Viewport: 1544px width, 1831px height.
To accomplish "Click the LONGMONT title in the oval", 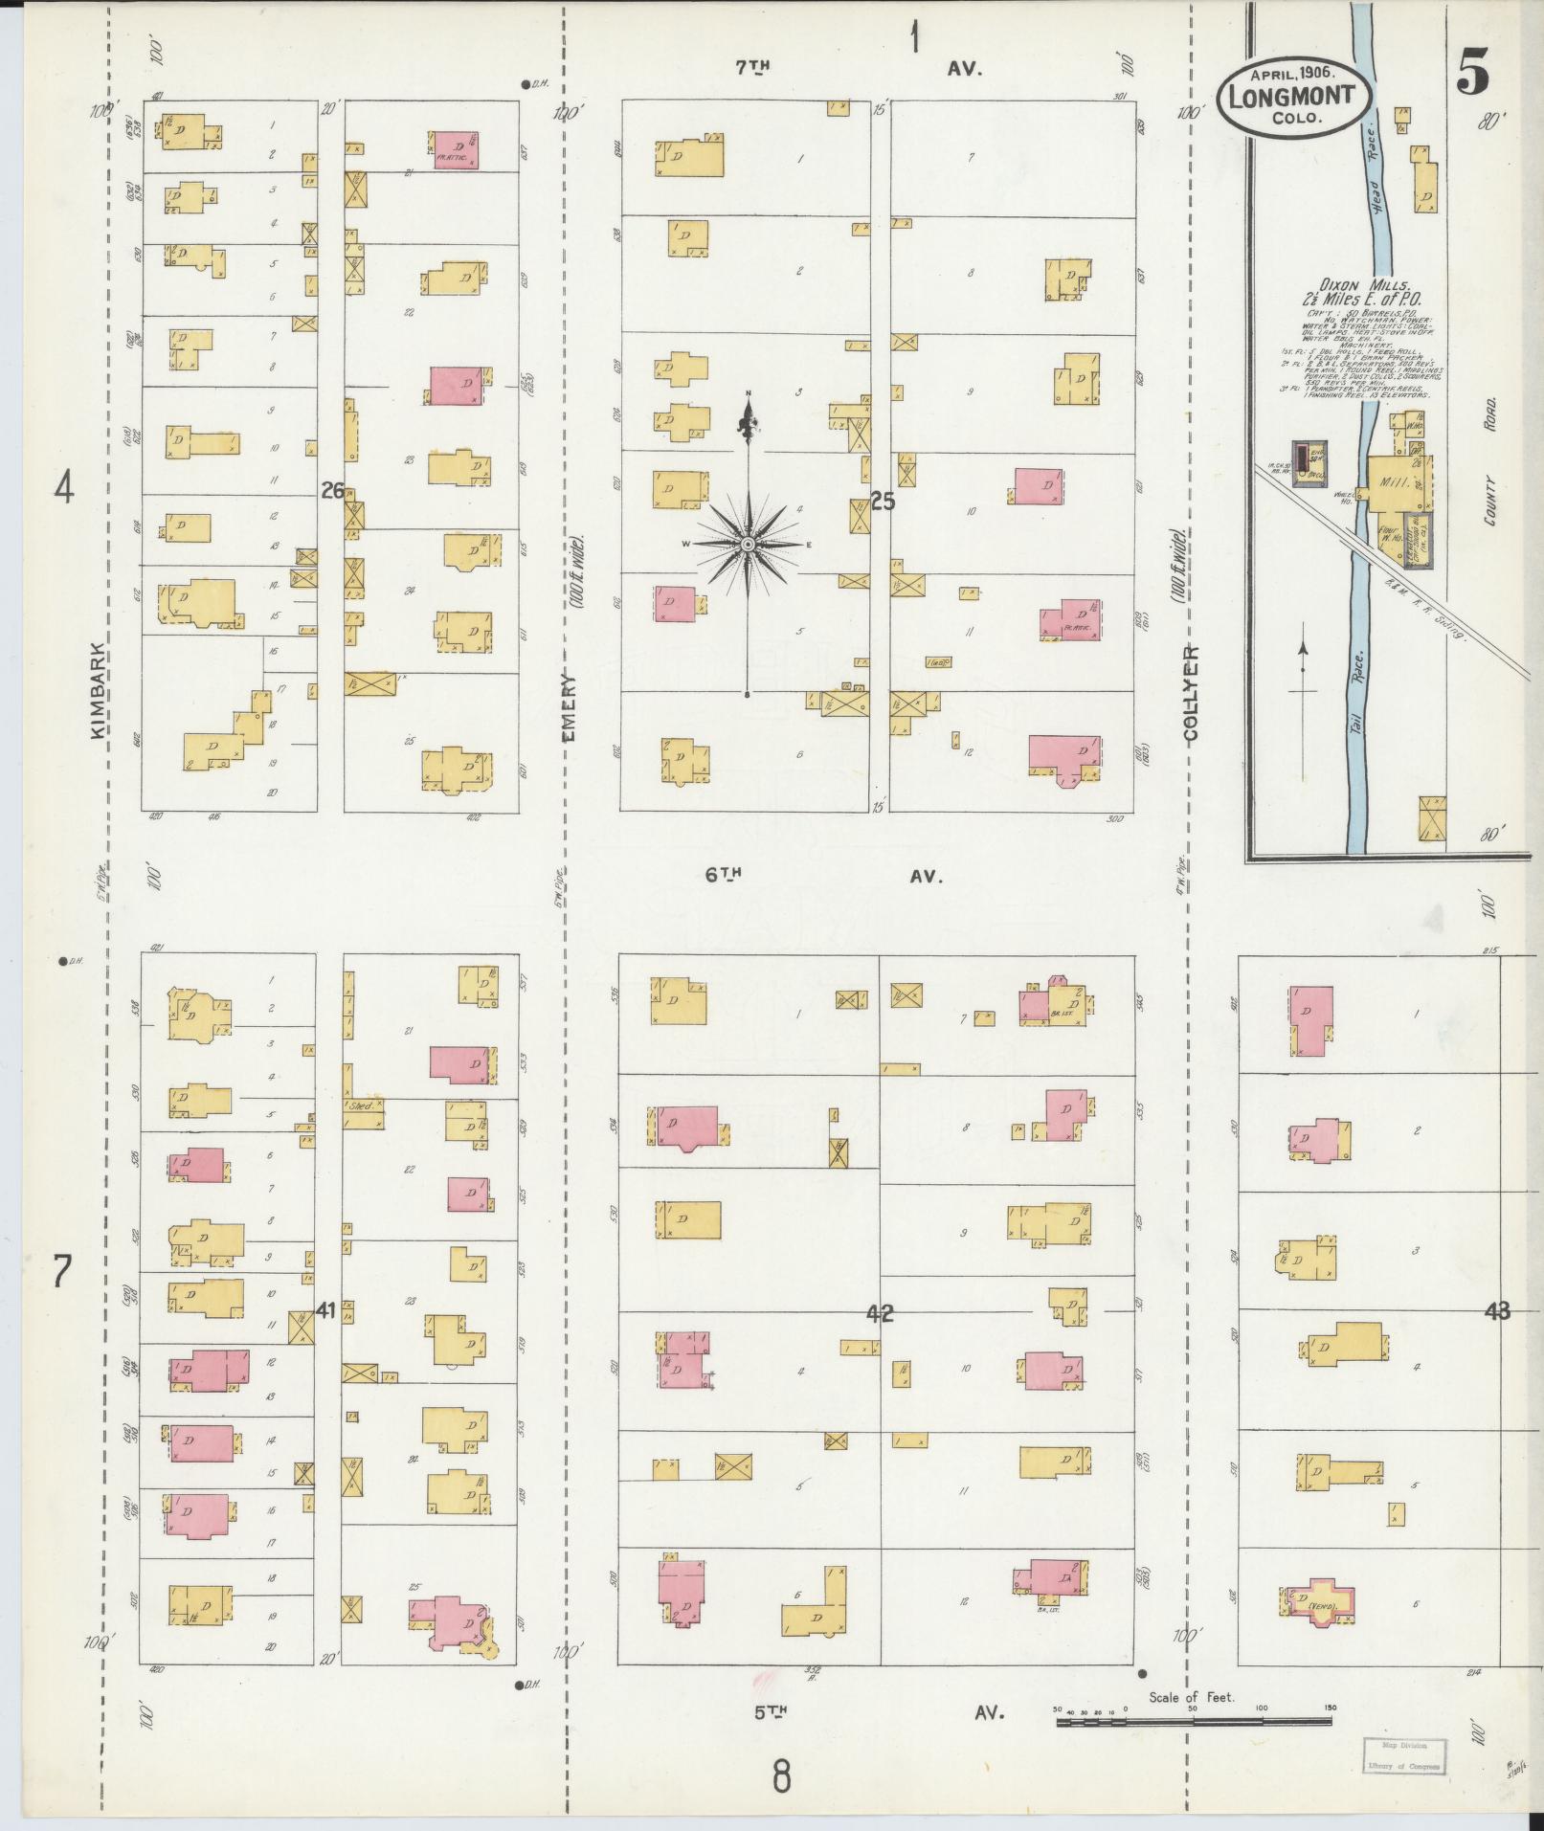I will (1291, 96).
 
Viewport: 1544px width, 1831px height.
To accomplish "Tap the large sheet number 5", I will (1474, 76).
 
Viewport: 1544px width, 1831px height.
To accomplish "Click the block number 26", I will (332, 491).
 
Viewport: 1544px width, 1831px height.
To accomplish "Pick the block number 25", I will (882, 500).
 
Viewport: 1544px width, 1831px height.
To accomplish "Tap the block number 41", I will (325, 1310).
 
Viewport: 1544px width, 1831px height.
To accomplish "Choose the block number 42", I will (879, 1314).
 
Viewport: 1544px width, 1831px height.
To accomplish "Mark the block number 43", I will (1496, 1311).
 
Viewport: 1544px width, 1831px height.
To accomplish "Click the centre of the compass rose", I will (748, 544).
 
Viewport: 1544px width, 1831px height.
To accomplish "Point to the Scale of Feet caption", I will (1192, 1698).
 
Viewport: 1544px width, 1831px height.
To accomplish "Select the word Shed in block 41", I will (361, 1105).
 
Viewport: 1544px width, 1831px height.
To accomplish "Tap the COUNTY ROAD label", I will (1490, 462).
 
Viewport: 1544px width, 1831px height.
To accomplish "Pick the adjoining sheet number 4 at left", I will (63, 490).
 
